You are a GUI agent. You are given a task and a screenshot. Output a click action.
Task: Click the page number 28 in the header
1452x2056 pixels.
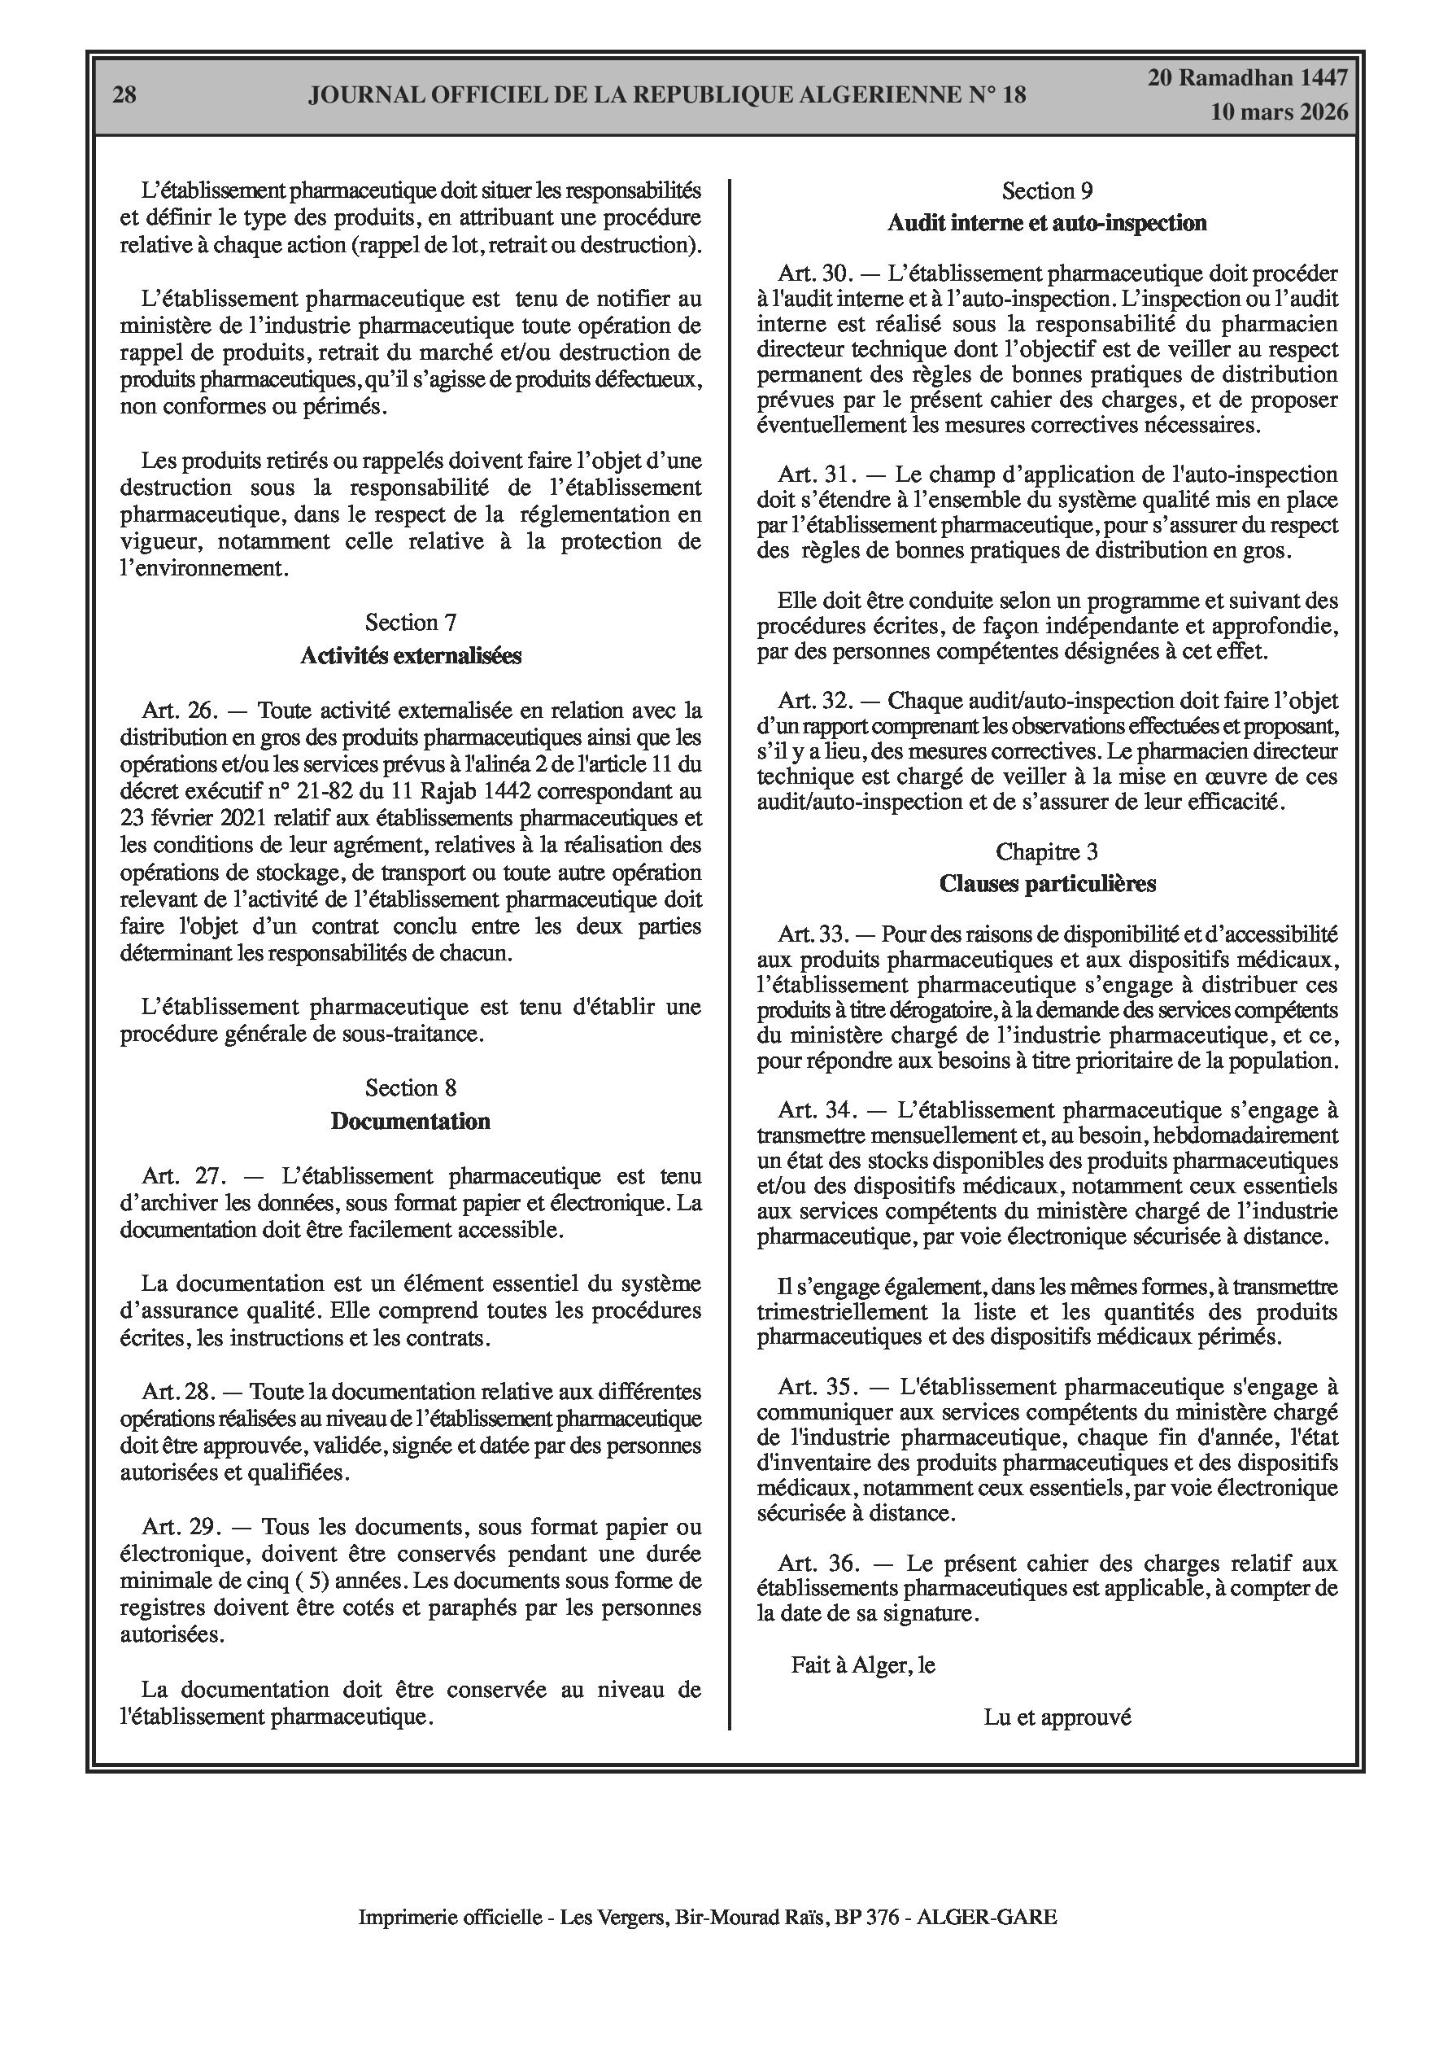(124, 95)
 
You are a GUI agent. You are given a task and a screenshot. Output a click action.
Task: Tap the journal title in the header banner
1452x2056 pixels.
(667, 95)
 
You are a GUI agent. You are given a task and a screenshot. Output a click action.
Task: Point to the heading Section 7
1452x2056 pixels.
(410, 623)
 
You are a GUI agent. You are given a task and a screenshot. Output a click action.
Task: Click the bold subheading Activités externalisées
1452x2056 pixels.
(410, 655)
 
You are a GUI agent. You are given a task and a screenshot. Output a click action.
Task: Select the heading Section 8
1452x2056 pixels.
(410, 1088)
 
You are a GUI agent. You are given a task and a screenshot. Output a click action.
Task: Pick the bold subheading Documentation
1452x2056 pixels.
(410, 1121)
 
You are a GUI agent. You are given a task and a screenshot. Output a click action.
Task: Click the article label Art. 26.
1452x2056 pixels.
(180, 711)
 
